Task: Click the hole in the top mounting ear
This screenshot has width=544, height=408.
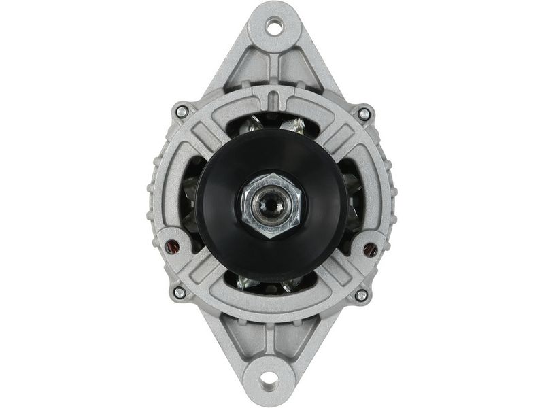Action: [x=274, y=27]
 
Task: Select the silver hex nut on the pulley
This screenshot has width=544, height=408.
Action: [x=271, y=203]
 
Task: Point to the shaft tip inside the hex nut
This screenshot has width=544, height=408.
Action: [x=271, y=202]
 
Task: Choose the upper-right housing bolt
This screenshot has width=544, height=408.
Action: [x=364, y=114]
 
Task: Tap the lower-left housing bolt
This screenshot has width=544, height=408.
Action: [x=180, y=292]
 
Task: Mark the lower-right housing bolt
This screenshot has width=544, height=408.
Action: [x=361, y=295]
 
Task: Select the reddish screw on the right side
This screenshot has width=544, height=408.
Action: [x=370, y=250]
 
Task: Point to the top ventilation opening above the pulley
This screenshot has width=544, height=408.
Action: [x=272, y=122]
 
